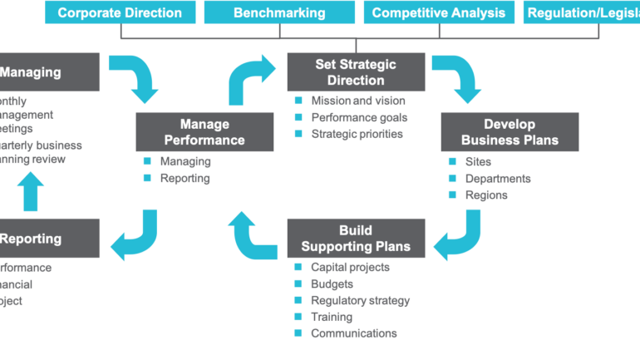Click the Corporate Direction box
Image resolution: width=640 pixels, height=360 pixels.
click(120, 12)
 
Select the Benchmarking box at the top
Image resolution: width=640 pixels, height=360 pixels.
click(279, 12)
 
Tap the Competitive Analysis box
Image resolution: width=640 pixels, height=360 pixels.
click(438, 12)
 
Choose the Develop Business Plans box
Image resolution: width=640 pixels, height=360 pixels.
click(510, 131)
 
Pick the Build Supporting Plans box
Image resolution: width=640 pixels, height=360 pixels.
click(356, 239)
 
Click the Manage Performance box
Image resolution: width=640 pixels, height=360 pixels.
click(204, 131)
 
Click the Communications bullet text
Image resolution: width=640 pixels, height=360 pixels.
click(353, 334)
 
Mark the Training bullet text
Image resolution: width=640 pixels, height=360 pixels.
click(331, 318)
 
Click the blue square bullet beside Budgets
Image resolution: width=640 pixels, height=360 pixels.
click(298, 284)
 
